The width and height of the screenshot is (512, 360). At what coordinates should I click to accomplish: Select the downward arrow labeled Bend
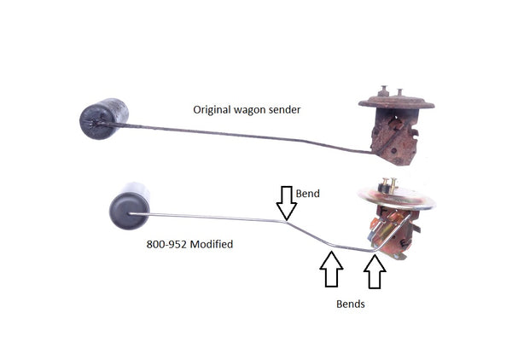(287, 202)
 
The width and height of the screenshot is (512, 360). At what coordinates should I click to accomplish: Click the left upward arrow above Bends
(331, 269)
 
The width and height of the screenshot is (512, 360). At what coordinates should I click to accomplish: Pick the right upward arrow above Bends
(375, 270)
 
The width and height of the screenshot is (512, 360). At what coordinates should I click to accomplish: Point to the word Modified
(212, 244)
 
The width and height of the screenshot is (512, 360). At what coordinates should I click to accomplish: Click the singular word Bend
(308, 194)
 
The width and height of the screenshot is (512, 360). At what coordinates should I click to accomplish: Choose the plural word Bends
(348, 304)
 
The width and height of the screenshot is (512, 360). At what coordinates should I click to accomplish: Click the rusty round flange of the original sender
(396, 103)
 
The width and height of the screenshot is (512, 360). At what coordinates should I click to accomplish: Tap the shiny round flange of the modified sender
(398, 200)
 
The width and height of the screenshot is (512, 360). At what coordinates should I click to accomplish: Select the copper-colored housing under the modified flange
(392, 232)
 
